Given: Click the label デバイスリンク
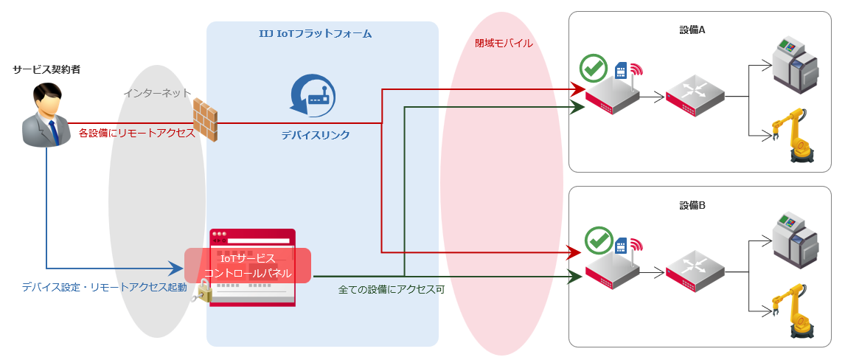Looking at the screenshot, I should [315, 136].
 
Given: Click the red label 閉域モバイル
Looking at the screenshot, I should [504, 43].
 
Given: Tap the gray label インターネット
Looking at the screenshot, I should [157, 93].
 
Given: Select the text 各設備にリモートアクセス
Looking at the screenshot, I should [136, 133].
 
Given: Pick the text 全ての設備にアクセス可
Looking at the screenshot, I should [392, 290].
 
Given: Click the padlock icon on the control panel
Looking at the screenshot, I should [203, 294].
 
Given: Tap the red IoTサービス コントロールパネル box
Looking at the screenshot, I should [248, 266].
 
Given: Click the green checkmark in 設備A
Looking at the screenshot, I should [593, 69].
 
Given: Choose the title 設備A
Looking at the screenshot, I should [692, 30].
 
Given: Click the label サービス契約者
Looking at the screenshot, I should [46, 69].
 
